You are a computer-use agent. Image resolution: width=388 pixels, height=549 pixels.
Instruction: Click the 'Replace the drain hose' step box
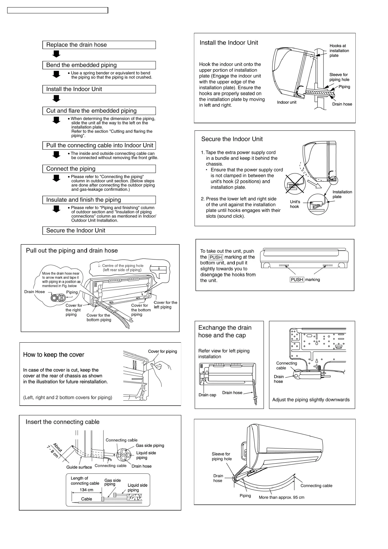pos(99,45)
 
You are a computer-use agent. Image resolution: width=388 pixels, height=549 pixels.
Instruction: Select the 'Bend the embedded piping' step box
pos(99,65)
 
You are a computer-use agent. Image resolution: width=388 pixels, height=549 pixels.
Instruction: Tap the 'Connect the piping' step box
pos(99,169)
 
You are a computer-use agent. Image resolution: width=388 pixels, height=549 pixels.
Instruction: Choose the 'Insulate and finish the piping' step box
pos(99,200)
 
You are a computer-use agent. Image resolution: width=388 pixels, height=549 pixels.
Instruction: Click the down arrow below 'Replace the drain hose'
pos(57,54)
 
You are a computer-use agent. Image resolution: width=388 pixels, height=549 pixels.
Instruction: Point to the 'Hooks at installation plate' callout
pos(339,51)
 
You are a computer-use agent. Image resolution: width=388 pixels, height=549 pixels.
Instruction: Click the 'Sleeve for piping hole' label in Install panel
pos(339,77)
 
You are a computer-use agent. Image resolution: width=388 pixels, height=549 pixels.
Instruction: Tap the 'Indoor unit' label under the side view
pos(287,102)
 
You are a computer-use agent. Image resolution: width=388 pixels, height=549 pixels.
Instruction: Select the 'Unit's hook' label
pos(295,204)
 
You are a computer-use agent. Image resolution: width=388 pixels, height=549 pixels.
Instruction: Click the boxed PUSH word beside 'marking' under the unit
pos(297,279)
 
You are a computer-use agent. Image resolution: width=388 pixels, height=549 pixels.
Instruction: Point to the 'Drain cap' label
pos(207,395)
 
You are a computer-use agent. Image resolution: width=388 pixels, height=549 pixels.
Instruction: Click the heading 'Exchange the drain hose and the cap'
pos(225,331)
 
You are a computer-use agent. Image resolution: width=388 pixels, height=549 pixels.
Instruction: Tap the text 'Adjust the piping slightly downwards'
pos(311,400)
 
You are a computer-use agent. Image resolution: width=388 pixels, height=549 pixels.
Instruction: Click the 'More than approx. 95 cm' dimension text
pos(281,497)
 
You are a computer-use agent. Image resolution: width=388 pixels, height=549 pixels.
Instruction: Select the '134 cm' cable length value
pos(86,490)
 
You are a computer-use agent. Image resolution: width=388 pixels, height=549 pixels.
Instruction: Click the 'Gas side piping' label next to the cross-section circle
pos(150,445)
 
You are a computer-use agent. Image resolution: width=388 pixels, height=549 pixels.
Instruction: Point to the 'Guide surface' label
pos(79,467)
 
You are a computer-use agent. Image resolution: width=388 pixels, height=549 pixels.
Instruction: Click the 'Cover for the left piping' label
pos(165,304)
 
